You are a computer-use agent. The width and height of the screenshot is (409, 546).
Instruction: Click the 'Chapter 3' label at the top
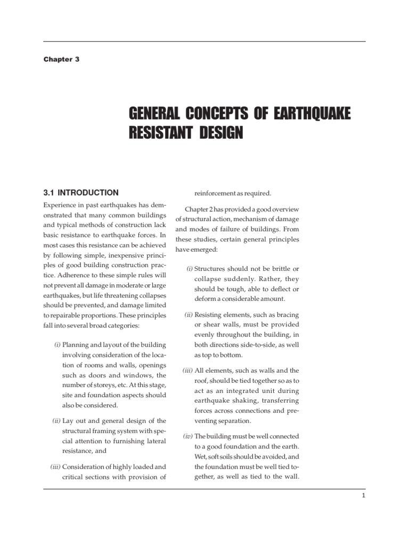click(x=61, y=59)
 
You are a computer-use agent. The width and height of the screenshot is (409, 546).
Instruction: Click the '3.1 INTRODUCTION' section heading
click(x=80, y=192)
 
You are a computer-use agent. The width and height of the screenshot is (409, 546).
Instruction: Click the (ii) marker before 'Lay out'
click(x=56, y=421)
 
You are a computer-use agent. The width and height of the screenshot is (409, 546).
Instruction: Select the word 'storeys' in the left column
click(x=106, y=385)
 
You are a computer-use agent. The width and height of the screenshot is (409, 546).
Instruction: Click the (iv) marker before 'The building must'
click(x=188, y=436)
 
